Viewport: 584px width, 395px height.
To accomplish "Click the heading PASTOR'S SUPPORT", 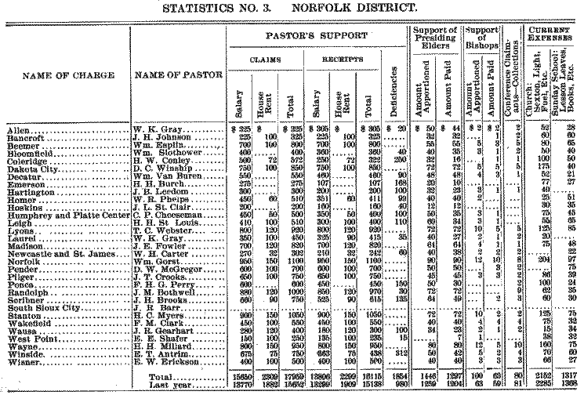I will (315, 37).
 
